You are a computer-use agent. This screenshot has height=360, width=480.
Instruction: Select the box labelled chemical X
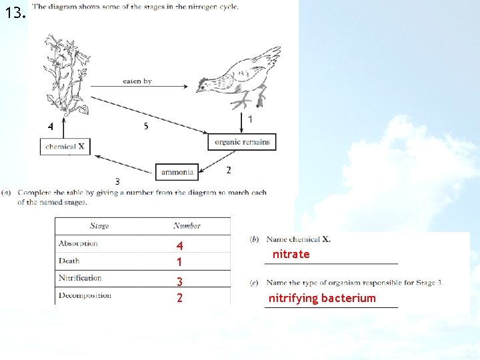tap(65, 147)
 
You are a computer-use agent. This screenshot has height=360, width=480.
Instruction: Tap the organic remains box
tap(242, 142)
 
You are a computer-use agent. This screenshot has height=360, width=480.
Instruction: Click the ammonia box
tap(177, 172)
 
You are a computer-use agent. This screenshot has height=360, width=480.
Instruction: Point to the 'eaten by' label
tap(137, 81)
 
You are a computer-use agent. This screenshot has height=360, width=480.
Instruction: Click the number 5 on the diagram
tap(146, 126)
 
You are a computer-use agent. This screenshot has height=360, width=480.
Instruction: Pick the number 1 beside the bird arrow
tap(249, 119)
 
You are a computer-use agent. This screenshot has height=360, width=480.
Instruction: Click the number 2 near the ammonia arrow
tap(228, 171)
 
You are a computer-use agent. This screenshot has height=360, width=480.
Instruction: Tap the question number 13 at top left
tap(14, 13)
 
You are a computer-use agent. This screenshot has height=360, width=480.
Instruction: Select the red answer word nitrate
tap(291, 255)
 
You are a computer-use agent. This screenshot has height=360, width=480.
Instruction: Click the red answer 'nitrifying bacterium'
tap(322, 298)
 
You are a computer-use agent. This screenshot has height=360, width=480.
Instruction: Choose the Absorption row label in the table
tap(78, 243)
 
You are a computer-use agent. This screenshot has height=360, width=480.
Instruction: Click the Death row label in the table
tap(69, 261)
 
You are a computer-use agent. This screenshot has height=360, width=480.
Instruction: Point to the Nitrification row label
tap(80, 278)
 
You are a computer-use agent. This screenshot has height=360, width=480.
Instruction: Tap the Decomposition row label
tap(85, 295)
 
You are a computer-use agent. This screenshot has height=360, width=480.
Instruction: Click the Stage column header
tap(99, 225)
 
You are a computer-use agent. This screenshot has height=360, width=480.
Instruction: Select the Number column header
tap(187, 225)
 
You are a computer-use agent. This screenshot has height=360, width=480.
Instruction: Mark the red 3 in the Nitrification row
tap(179, 282)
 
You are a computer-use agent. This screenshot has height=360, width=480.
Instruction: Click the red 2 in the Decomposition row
tap(179, 298)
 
